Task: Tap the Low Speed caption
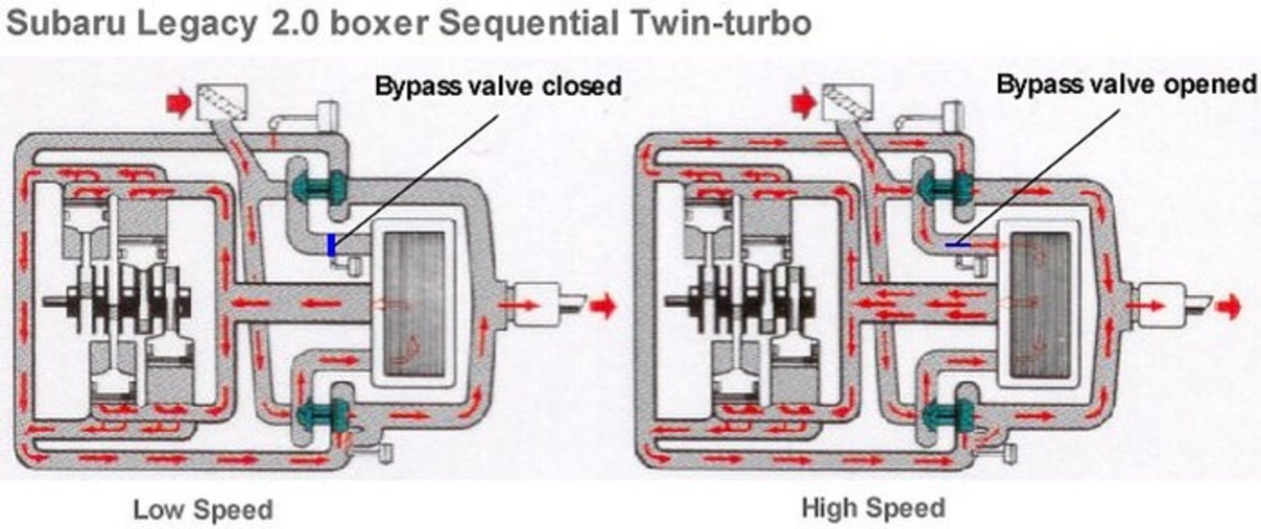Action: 203,510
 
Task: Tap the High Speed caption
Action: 874,508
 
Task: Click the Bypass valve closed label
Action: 498,86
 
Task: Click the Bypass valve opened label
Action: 1126,84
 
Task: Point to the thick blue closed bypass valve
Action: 332,245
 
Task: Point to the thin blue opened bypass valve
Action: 958,245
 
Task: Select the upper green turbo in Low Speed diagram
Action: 319,186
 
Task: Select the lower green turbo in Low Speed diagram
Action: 322,414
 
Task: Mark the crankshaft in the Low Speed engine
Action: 118,303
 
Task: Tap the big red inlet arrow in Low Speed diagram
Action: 179,104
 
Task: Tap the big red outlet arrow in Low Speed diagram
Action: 604,306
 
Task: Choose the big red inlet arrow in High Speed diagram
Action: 804,104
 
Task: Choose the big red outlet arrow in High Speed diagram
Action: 1228,306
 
